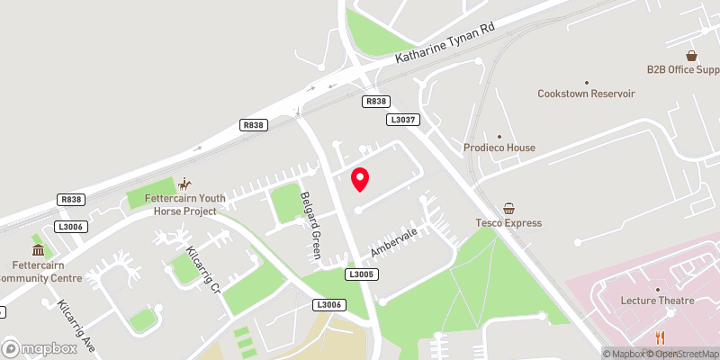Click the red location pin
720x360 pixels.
pyautogui.click(x=360, y=179)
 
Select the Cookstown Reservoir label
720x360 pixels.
pyautogui.click(x=586, y=94)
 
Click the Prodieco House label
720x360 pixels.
pyautogui.click(x=499, y=148)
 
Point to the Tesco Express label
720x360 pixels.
pyautogui.click(x=508, y=223)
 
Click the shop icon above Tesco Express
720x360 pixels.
pyautogui.click(x=509, y=208)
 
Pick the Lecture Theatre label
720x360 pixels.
pyautogui.click(x=658, y=301)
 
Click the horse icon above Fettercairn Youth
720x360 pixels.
pyautogui.click(x=184, y=183)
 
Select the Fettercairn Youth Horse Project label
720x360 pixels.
pyautogui.click(x=184, y=205)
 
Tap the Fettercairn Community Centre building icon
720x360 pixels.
pyautogui.click(x=38, y=249)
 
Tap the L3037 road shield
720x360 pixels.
pyautogui.click(x=401, y=119)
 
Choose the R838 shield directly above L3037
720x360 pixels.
pyautogui.click(x=376, y=102)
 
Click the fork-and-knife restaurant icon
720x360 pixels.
pyautogui.click(x=661, y=337)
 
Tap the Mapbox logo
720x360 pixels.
pyautogui.click(x=37, y=348)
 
